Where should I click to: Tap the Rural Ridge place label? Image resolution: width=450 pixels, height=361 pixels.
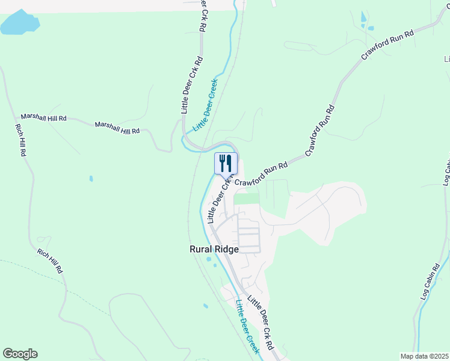(214, 249)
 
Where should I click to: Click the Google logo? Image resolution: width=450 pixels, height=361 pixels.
(20, 354)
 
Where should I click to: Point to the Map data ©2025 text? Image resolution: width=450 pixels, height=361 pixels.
(424, 356)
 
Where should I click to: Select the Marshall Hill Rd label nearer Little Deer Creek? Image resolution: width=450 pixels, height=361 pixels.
(117, 127)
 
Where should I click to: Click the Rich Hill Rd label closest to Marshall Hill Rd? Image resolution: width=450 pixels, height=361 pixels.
(20, 141)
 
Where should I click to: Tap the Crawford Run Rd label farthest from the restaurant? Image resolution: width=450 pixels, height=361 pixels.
(388, 44)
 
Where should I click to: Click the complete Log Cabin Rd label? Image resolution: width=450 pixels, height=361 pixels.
(431, 282)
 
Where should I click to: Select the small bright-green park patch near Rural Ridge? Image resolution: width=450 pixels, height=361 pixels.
(245, 198)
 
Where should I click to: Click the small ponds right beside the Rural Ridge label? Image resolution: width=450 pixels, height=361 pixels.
(211, 261)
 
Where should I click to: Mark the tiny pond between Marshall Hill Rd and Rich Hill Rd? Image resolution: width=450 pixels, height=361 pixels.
(91, 179)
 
